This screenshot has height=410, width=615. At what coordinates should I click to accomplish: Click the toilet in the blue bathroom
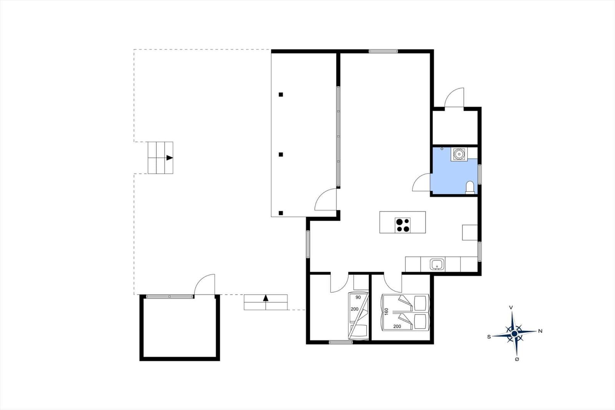pos(470,187)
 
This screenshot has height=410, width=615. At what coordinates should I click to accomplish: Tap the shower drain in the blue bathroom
pos(459,155)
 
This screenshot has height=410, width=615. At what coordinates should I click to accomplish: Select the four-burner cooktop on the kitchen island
pos(402,225)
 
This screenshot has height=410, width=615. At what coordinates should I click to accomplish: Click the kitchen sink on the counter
pos(437,265)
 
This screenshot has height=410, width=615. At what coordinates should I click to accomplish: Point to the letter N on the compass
pos(540,331)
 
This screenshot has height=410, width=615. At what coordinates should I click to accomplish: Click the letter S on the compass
pos(489,337)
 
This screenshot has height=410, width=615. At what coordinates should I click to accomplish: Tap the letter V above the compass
pos(511,308)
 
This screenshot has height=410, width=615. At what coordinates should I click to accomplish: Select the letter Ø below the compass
pos(517,359)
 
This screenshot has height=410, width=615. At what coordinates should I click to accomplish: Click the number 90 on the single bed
pos(358,297)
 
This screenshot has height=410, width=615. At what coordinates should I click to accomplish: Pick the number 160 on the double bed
pos(387,312)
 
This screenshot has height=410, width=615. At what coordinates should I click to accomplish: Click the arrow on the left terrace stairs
pos(170,158)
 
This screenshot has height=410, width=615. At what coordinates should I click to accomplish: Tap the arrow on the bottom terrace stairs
pos(266,298)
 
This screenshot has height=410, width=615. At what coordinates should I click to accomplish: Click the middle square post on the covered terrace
pos(281,155)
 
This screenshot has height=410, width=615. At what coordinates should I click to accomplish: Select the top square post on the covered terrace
pos(281,95)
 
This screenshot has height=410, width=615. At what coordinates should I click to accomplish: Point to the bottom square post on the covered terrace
pos(281,213)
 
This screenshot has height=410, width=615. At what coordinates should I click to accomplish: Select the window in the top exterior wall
pos(383,51)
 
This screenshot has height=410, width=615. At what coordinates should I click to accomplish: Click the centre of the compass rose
pos(515,333)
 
